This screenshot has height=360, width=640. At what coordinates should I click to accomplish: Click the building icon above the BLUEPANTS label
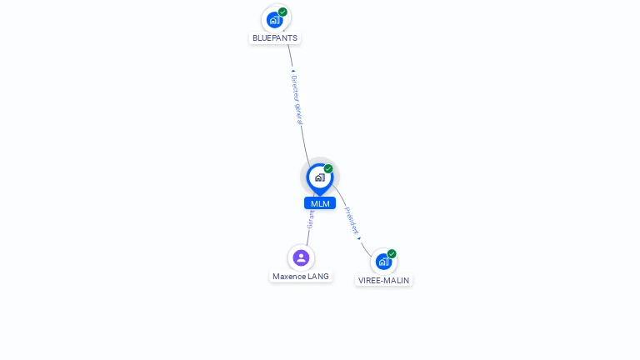[x=275, y=20]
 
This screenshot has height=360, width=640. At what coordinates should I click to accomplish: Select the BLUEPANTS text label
[x=275, y=38]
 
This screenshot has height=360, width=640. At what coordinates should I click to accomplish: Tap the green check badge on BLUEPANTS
[x=283, y=12]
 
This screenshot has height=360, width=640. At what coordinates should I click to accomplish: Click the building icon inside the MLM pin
[x=319, y=177]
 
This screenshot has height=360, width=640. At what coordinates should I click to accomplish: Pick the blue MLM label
[x=320, y=203]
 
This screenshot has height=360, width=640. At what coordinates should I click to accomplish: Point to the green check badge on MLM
[x=328, y=168]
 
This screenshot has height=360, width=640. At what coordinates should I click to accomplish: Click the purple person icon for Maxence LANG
[x=301, y=257]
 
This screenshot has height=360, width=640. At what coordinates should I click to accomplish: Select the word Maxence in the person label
[x=289, y=277]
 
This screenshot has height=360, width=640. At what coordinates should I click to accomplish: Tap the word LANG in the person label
[x=318, y=277]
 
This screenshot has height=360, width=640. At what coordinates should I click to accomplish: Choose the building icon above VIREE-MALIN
[x=383, y=262]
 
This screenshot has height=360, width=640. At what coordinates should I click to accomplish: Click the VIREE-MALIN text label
[x=383, y=281]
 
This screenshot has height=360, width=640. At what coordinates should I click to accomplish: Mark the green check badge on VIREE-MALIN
[x=392, y=253]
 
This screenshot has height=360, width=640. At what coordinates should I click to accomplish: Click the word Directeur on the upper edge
[x=295, y=88]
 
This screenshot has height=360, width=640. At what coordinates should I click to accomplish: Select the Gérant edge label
[x=311, y=219]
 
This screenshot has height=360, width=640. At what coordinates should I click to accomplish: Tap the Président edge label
[x=352, y=220]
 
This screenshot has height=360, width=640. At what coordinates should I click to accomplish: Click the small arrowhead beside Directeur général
[x=292, y=71]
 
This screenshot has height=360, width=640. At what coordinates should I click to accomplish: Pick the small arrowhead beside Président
[x=360, y=238]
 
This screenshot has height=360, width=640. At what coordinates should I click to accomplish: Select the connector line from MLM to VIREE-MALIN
[x=366, y=247]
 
